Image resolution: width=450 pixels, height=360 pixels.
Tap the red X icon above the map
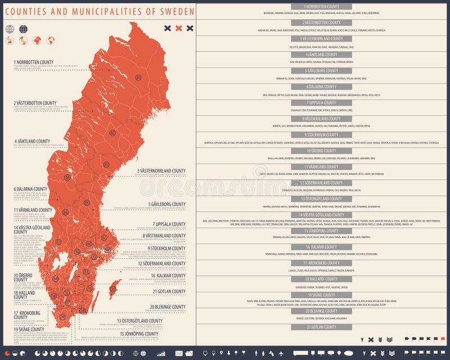pyautogui.click(x=179, y=28)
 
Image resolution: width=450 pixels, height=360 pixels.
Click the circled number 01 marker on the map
pyautogui.click(x=138, y=77)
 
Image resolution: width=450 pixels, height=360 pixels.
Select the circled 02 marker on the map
pyautogui.click(x=112, y=133)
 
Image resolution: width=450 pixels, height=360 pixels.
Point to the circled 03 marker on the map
pyautogui.click(x=106, y=165)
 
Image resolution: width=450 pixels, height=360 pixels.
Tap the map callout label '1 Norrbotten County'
pyautogui.click(x=34, y=62)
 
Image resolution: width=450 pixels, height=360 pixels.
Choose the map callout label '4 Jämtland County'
pyautogui.click(x=32, y=141)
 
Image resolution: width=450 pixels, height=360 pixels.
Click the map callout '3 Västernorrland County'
pyautogui.click(x=161, y=170)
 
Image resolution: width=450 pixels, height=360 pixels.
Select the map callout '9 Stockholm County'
pyautogui.click(x=166, y=248)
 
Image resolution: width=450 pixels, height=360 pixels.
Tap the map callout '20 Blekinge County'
pyautogui.click(x=168, y=307)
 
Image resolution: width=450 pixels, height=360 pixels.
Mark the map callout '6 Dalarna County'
pyautogui.click(x=31, y=189)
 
